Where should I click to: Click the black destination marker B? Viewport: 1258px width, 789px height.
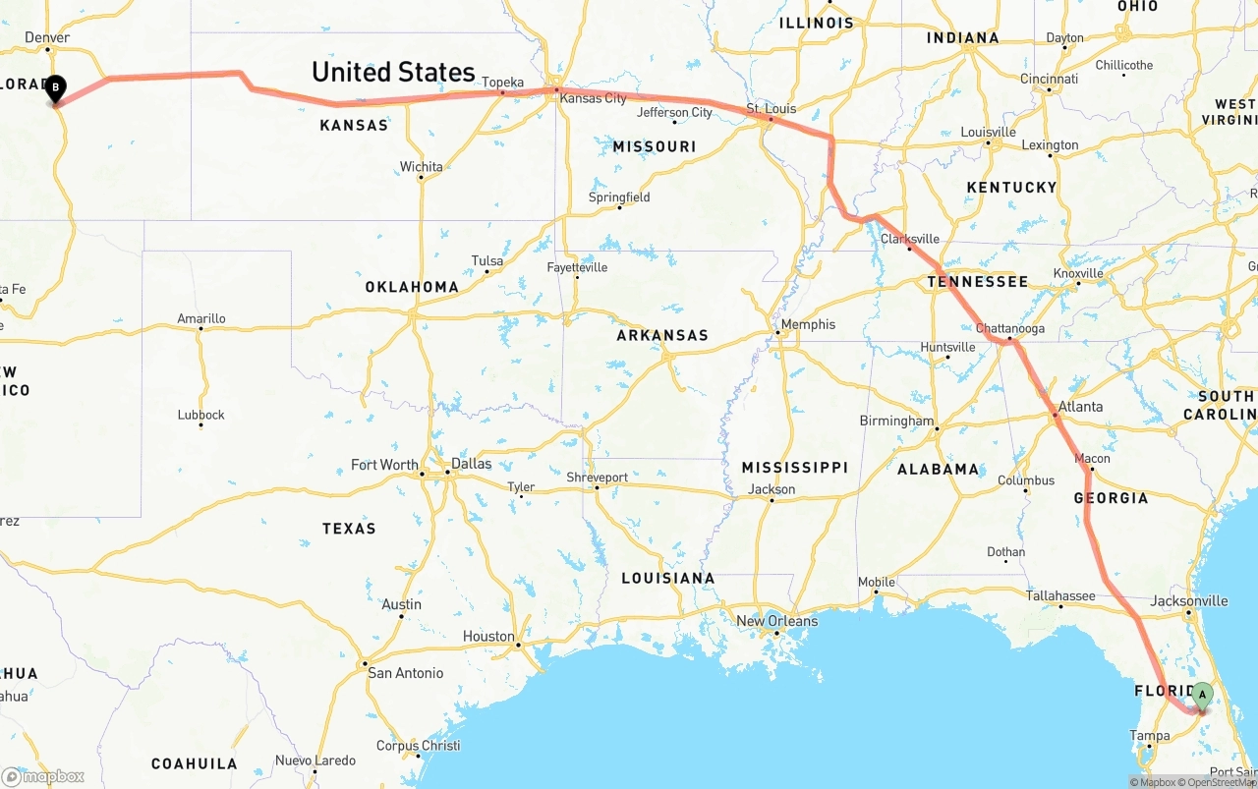(x=56, y=88)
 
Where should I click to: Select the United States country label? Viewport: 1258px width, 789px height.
(x=393, y=72)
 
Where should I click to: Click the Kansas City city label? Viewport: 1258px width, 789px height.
(x=593, y=98)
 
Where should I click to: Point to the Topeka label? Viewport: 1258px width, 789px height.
(x=502, y=83)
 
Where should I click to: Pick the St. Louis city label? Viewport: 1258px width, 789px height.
(x=772, y=108)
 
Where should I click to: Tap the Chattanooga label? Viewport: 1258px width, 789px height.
(x=1010, y=328)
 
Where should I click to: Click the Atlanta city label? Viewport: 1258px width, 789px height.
(x=1080, y=407)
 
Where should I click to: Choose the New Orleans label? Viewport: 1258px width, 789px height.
(x=776, y=621)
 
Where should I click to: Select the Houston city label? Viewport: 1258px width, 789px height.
(x=488, y=637)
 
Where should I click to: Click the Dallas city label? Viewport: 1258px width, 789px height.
(x=471, y=464)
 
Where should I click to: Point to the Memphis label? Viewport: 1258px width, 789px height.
(x=808, y=324)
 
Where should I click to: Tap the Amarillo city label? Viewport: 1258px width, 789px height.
(x=201, y=318)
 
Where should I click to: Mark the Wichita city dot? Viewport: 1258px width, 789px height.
(x=421, y=178)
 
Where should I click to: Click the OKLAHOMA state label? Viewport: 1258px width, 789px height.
(x=412, y=287)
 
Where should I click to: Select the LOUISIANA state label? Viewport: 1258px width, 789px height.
(x=668, y=578)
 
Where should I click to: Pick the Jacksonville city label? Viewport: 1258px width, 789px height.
(x=1188, y=601)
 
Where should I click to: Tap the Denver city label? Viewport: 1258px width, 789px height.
(x=47, y=38)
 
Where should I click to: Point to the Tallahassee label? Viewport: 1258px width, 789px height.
(x=1060, y=596)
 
